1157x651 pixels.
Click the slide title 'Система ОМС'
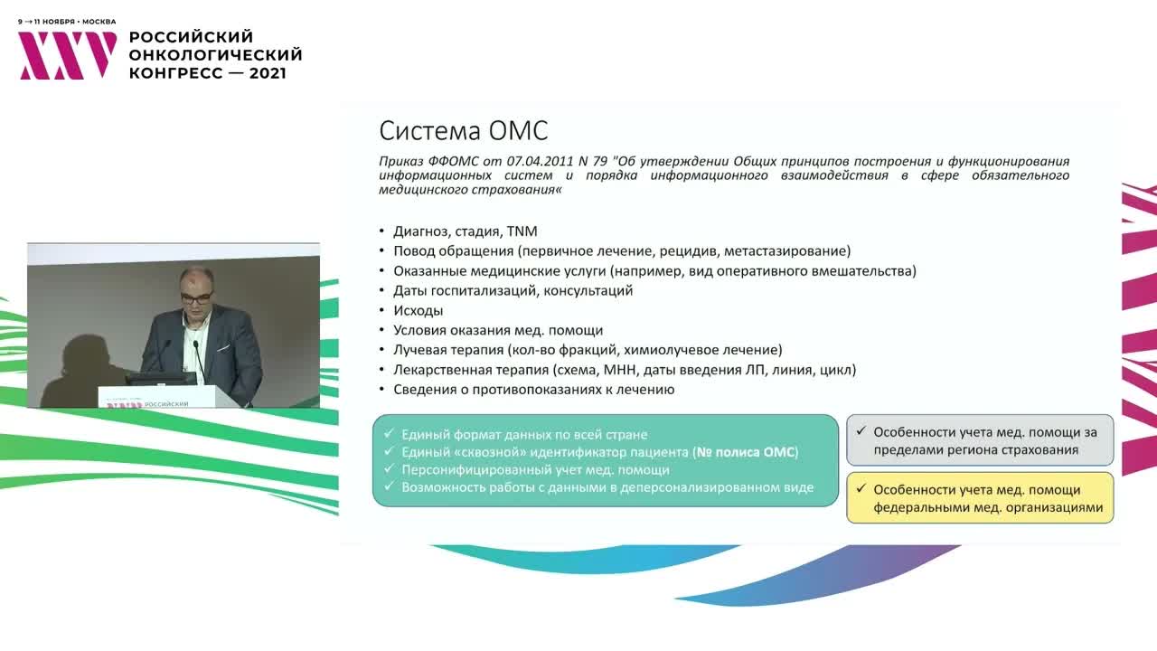[463, 131]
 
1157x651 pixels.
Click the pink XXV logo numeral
[68, 55]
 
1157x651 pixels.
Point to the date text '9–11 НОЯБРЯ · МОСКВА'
[67, 21]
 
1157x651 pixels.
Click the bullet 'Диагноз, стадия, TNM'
[465, 231]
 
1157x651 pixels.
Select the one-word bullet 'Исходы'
[418, 310]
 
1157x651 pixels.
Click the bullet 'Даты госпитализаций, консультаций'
[513, 290]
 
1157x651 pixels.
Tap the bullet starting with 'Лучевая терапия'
[588, 350]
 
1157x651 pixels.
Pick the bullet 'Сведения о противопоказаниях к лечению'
[533, 390]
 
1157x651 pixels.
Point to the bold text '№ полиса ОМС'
[746, 452]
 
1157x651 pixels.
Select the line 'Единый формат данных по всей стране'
[524, 435]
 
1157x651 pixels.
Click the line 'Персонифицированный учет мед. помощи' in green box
[535, 469]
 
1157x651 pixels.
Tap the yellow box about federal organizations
[980, 498]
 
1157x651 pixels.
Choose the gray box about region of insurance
[980, 440]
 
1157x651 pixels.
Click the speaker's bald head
[194, 283]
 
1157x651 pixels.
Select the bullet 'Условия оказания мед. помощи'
[497, 330]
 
